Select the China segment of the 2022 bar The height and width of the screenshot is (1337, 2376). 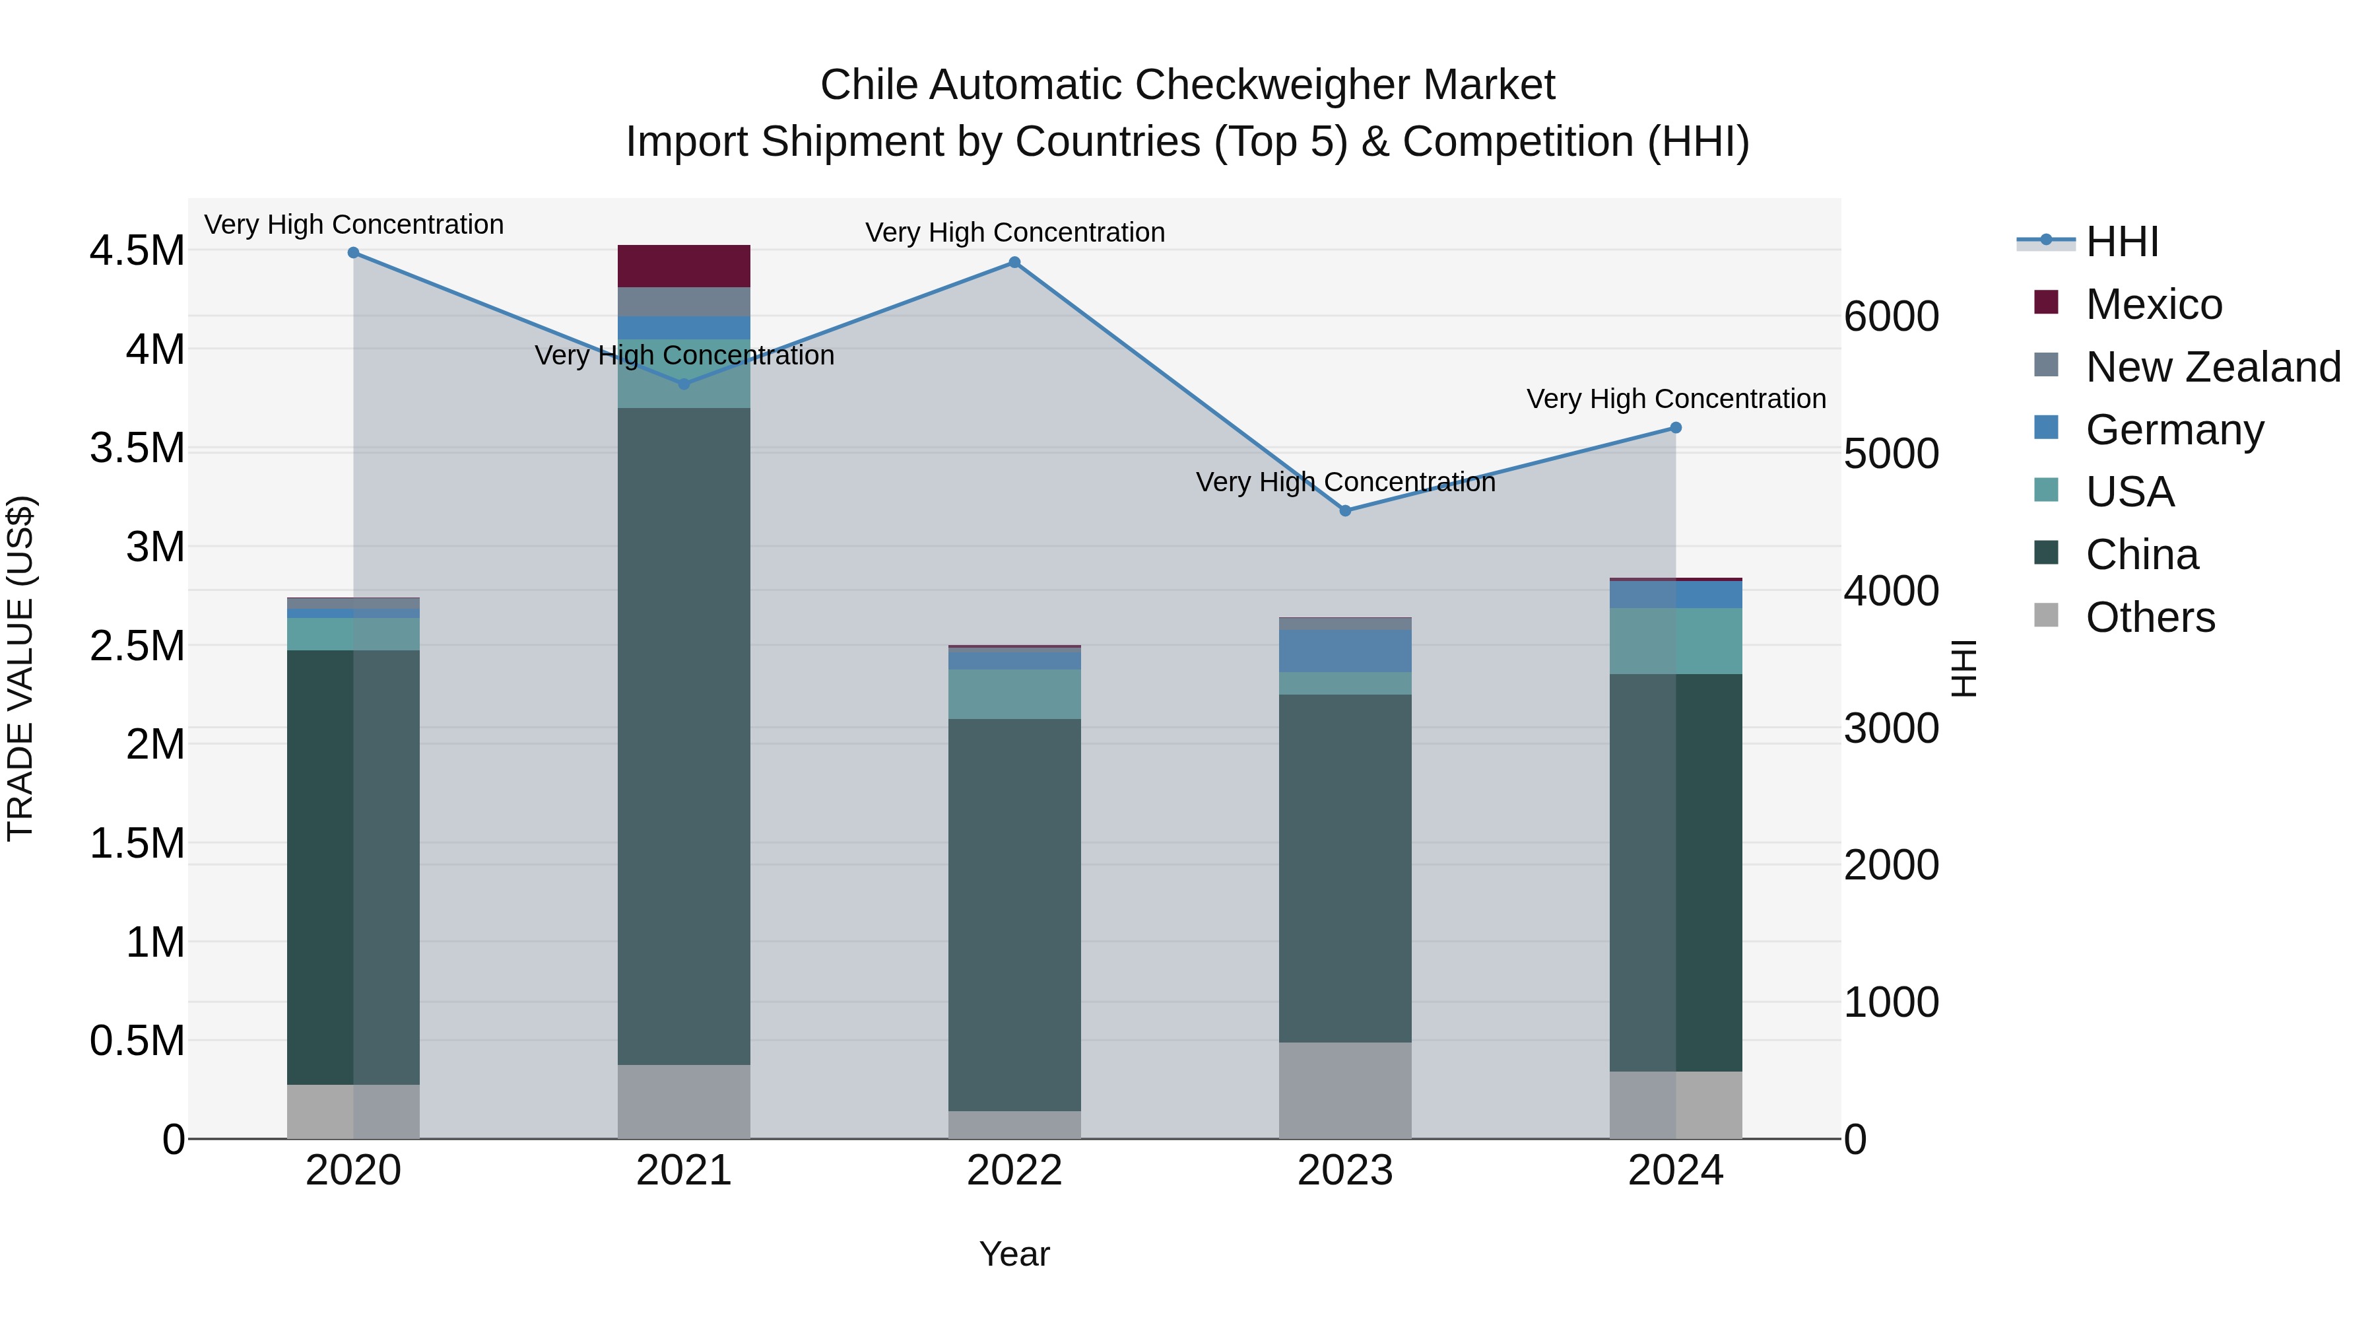tap(1014, 914)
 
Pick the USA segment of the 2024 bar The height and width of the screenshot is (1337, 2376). tap(1676, 640)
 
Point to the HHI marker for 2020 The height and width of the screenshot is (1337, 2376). tap(353, 253)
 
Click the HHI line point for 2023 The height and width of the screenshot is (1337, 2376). tap(1345, 510)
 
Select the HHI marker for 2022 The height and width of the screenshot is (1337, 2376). tap(1014, 262)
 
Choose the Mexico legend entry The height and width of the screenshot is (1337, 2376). tap(2154, 304)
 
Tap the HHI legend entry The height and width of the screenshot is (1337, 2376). tap(2121, 242)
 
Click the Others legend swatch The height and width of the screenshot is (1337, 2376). tap(2046, 615)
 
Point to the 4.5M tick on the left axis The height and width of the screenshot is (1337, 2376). tap(137, 251)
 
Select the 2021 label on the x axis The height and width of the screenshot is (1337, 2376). tap(684, 1171)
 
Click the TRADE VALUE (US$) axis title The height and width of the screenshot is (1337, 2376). tap(20, 668)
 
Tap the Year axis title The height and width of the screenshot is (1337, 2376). tap(1014, 1254)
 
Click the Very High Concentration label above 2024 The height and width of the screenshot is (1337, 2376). tap(1676, 399)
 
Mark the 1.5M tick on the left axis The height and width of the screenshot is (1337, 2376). tap(137, 843)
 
